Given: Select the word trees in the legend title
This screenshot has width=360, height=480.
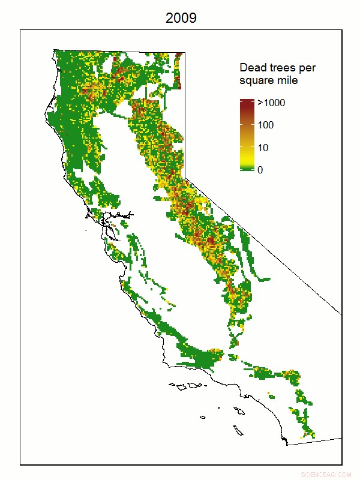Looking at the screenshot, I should pyautogui.click(x=283, y=68).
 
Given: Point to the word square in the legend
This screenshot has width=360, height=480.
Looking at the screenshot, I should pyautogui.click(x=257, y=80).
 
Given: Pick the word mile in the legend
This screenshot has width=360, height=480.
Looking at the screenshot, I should pyautogui.click(x=287, y=80).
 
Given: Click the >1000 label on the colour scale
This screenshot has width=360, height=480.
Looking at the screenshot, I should pyautogui.click(x=271, y=103).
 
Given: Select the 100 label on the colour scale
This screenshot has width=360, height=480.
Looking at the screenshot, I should pyautogui.click(x=266, y=125).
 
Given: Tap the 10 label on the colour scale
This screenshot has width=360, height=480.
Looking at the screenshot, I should pyautogui.click(x=263, y=148).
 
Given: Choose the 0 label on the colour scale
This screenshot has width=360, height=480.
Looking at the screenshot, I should pyautogui.click(x=260, y=170).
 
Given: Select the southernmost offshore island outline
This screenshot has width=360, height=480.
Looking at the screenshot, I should pyautogui.click(x=238, y=430).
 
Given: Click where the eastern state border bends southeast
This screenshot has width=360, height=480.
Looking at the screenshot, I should pyautogui.click(x=185, y=177).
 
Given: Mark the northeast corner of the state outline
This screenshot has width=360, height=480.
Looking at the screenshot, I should pyautogui.click(x=184, y=52).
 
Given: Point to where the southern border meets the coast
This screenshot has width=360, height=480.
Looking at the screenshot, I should pyautogui.click(x=289, y=444).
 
